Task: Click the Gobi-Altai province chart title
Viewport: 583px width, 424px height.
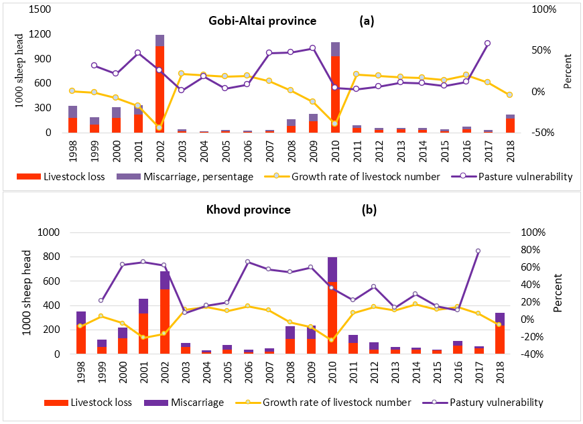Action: [x=260, y=21]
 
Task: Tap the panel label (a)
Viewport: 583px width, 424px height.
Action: [x=367, y=21]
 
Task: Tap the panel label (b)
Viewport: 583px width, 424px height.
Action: [x=369, y=210]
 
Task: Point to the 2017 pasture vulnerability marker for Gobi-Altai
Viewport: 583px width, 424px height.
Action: [x=487, y=43]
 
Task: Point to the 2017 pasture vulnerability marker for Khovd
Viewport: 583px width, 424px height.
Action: [x=478, y=251]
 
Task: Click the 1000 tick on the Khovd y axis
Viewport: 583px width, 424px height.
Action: [x=50, y=232]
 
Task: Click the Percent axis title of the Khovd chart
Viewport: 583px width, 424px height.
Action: [x=559, y=293]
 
